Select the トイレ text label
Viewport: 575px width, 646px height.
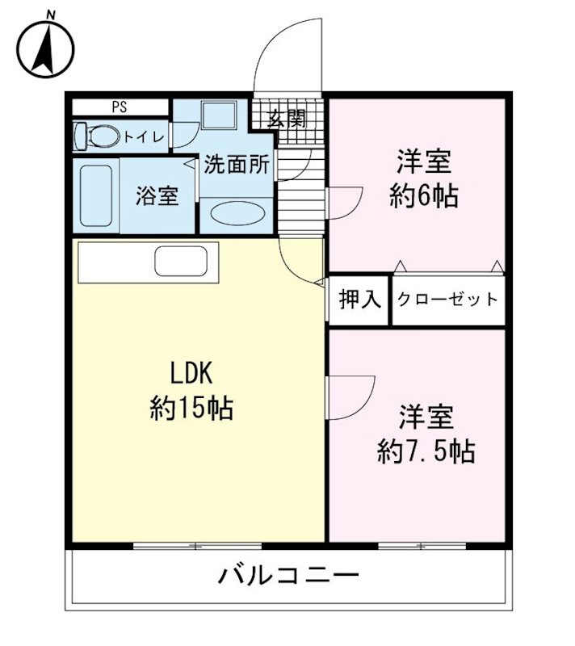coord(145,137)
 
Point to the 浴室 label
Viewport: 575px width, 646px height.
coord(157,196)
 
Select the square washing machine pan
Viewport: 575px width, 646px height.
coord(218,115)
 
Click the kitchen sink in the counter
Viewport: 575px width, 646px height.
coord(182,262)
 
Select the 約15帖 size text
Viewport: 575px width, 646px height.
coord(191,409)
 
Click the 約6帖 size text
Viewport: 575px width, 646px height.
coord(423,196)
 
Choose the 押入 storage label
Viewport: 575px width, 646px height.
coord(359,300)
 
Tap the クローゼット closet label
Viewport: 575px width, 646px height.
coord(447,300)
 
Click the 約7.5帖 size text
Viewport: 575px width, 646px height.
coord(426,451)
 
